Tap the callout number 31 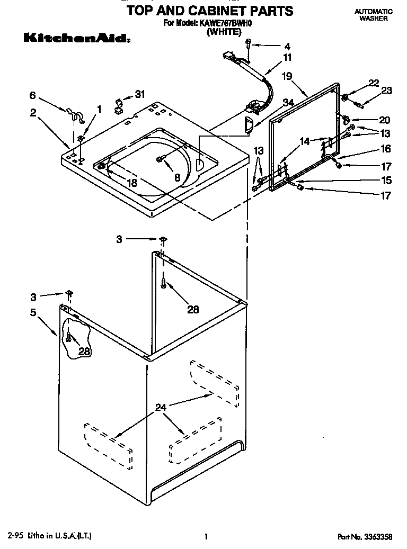[140, 94]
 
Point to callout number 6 [33, 95]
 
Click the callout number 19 [287, 76]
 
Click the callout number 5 [33, 312]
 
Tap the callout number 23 [386, 91]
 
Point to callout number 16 [386, 149]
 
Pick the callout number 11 [287, 57]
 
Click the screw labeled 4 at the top [249, 46]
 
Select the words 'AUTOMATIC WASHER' [373, 14]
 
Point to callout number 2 [33, 112]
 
